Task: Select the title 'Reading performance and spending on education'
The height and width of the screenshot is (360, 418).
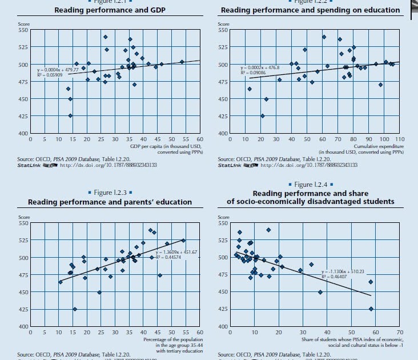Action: tap(310, 10)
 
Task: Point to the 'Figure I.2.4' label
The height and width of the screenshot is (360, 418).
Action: tap(310, 185)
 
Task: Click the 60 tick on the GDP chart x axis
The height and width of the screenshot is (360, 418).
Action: tap(200, 139)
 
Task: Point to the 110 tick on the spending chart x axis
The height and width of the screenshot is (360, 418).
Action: tap(399, 139)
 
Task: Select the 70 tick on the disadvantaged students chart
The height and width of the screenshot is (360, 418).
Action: tap(399, 331)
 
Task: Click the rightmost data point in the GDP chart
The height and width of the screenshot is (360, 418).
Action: tap(182, 62)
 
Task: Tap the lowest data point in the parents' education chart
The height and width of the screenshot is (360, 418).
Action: tap(75, 309)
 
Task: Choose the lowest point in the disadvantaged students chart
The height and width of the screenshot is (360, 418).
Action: tap(371, 309)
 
